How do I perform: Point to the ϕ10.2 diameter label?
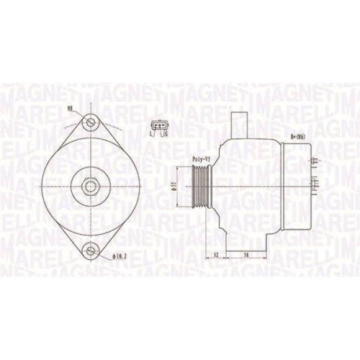(x=119, y=256)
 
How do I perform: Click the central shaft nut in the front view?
(x=89, y=186)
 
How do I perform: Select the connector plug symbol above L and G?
(x=158, y=126)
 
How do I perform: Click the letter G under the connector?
(x=165, y=135)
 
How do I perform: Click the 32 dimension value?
(x=216, y=255)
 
